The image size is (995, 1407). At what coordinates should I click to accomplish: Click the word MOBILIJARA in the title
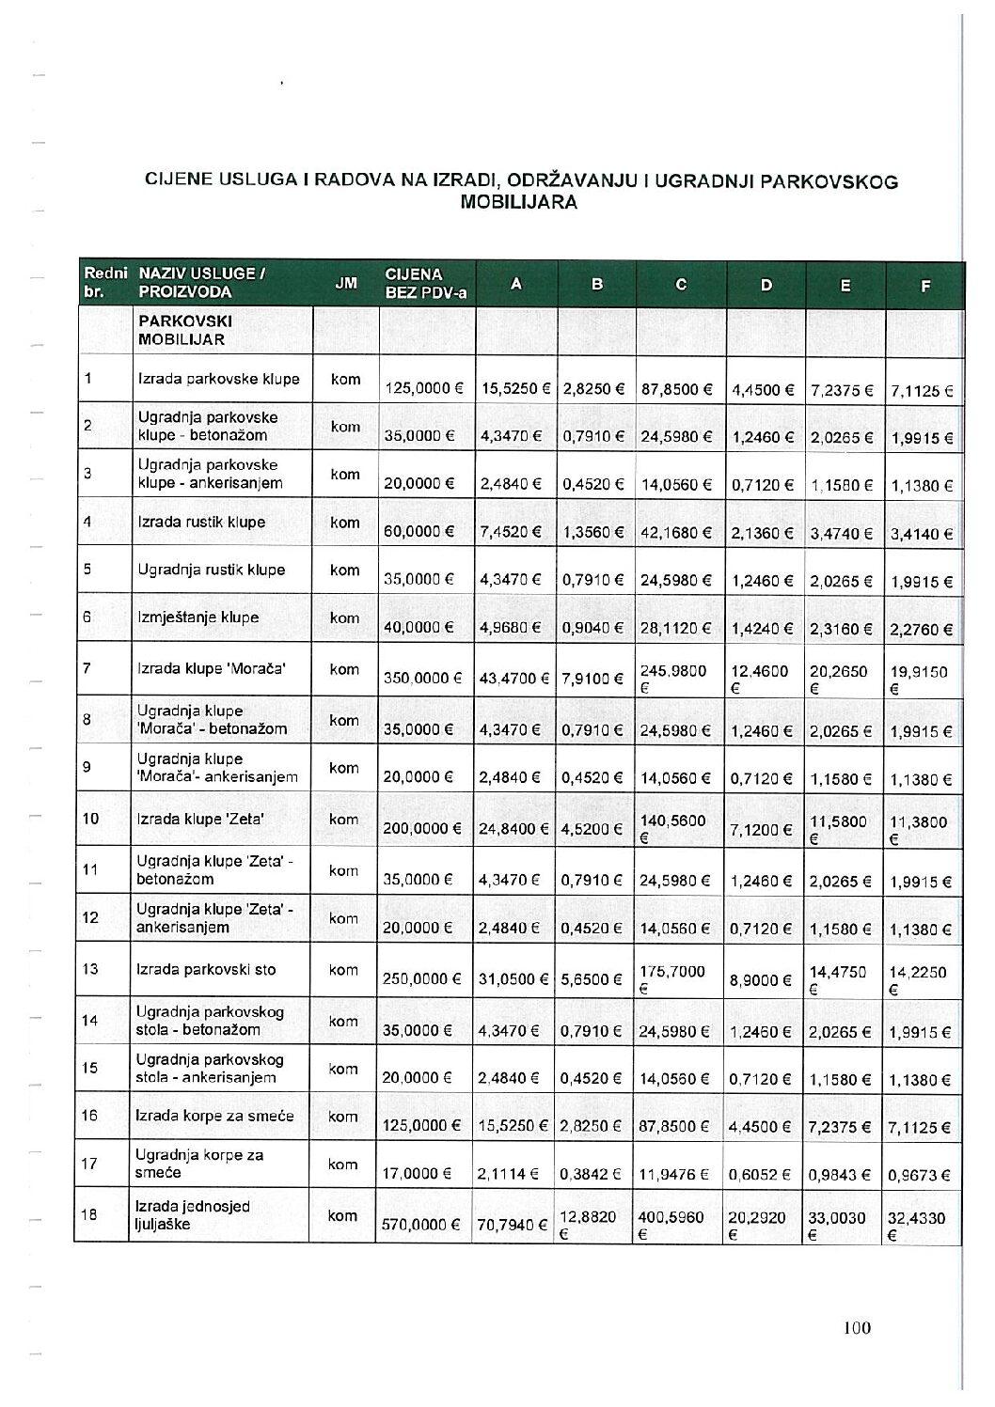pyautogui.click(x=519, y=201)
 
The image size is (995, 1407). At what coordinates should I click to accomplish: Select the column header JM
pyautogui.click(x=345, y=283)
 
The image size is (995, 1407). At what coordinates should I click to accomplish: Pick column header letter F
pyautogui.click(x=924, y=284)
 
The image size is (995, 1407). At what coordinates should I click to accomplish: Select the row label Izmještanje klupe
pyautogui.click(x=197, y=618)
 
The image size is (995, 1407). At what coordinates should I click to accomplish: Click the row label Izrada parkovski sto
pyautogui.click(x=207, y=969)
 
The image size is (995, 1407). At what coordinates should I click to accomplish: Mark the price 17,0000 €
pyautogui.click(x=418, y=1174)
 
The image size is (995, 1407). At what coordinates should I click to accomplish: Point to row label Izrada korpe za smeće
pyautogui.click(x=215, y=1116)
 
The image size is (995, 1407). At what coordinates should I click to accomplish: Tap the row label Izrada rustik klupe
pyautogui.click(x=201, y=522)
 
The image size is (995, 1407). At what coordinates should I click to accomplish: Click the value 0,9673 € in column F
pyautogui.click(x=921, y=1174)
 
